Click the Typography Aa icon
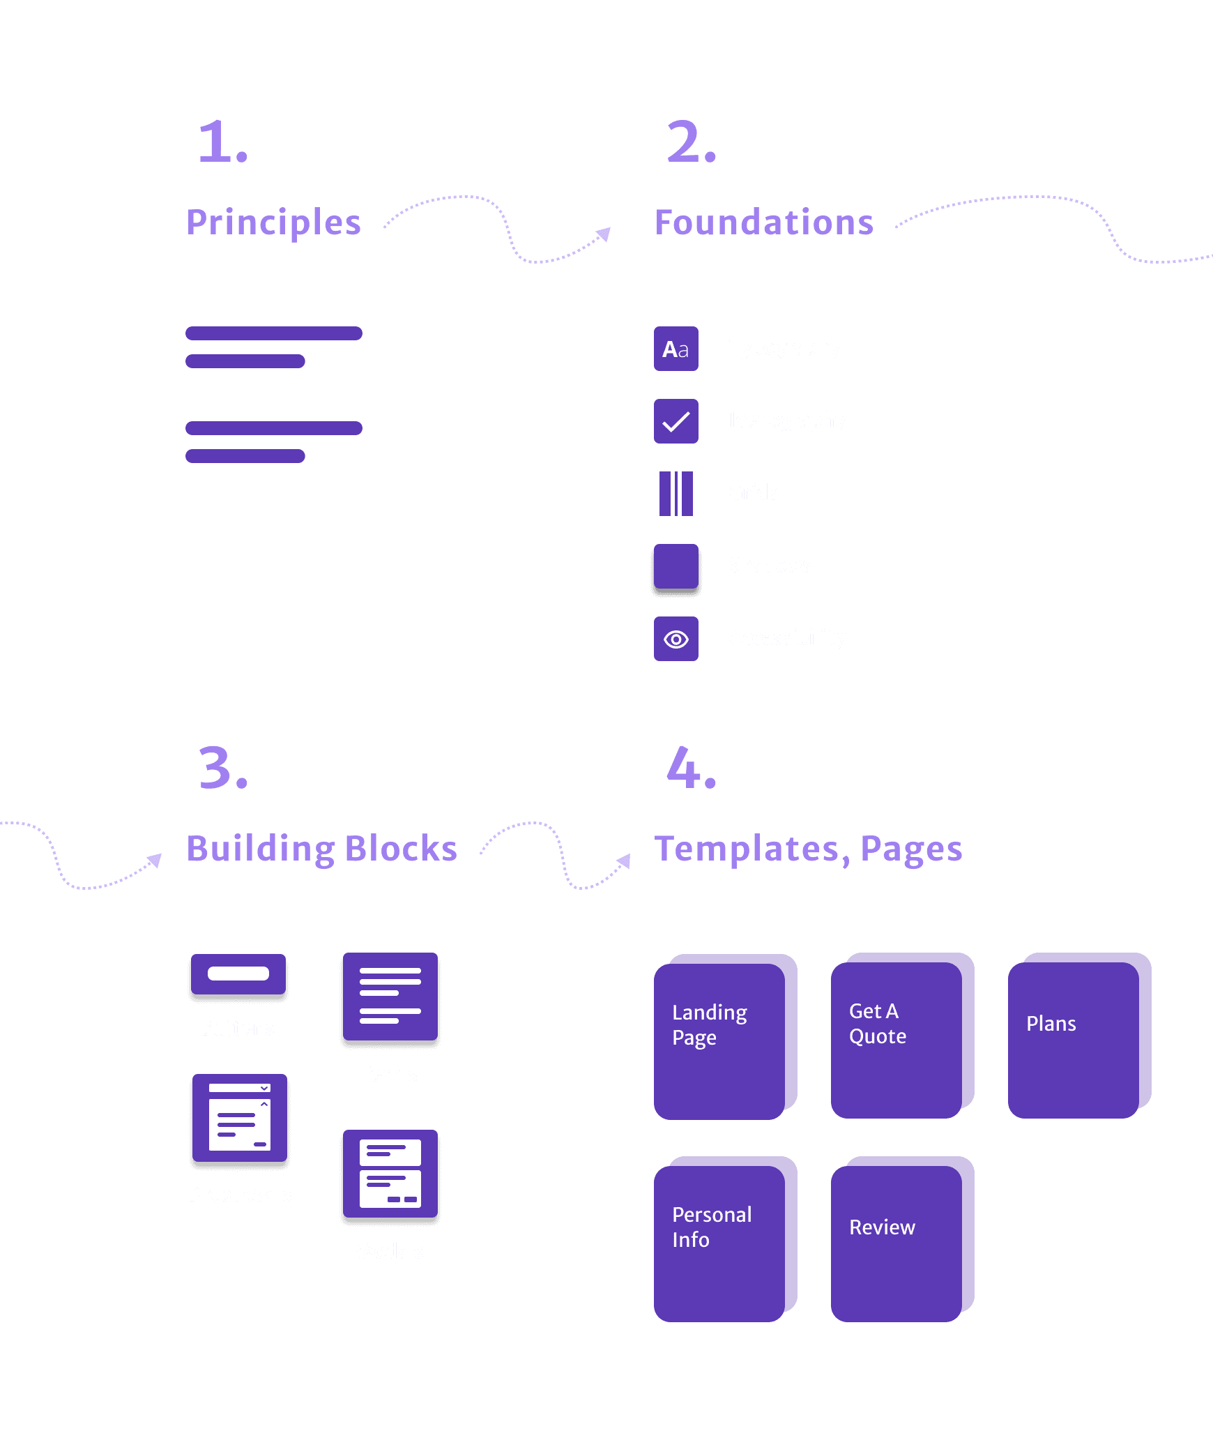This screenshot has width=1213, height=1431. coord(676,349)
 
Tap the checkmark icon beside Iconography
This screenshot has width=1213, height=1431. coord(676,421)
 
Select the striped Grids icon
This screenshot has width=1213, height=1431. coord(676,494)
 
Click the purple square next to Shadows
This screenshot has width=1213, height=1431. coord(676,566)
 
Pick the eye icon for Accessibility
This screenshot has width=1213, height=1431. coord(676,639)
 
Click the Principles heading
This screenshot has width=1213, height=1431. coord(273,223)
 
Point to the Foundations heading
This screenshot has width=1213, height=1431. coord(763,223)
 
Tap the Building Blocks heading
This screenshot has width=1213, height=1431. coord(321,849)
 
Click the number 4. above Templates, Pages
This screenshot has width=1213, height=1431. coord(690,768)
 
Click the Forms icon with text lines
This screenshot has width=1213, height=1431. coord(390,997)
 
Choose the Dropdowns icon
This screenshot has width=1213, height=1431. coord(239,1119)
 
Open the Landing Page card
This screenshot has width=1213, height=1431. coord(725,1036)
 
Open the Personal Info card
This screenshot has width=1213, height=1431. coord(725,1239)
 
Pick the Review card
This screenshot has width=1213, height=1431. coord(902,1239)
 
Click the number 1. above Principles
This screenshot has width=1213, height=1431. coord(222,142)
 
